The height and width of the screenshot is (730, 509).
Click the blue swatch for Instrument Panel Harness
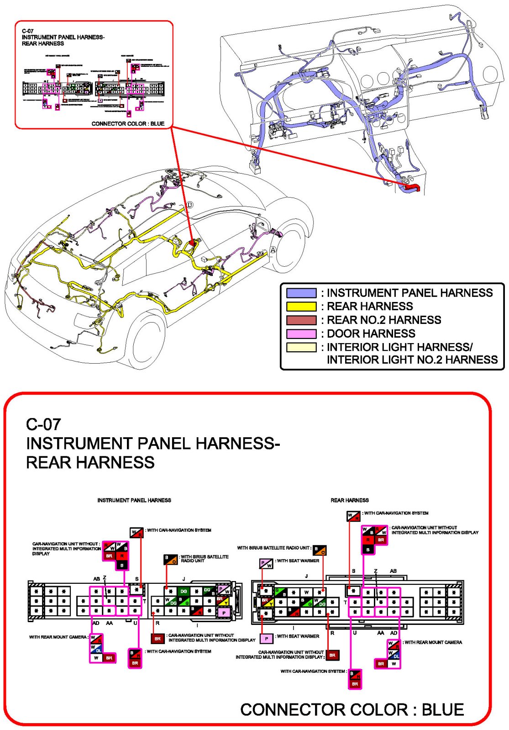pos(301,293)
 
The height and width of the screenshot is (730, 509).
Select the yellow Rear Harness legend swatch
pos(301,307)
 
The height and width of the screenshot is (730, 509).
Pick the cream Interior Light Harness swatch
pos(301,347)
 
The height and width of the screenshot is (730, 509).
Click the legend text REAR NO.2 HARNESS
pos(383,320)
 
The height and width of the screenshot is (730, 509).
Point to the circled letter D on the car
pos(190,205)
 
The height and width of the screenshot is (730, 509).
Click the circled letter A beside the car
pos(273,250)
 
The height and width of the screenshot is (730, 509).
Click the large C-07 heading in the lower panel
pos(43,424)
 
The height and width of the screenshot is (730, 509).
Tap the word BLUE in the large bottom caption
pos(442,709)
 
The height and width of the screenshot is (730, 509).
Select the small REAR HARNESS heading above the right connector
pos(350,500)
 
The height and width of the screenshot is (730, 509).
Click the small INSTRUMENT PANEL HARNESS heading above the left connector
pos(134,500)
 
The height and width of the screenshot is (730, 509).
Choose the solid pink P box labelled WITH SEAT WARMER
pos(267,638)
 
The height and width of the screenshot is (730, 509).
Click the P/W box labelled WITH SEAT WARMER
pos(266,564)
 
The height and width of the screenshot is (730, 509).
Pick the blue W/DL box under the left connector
pos(96,649)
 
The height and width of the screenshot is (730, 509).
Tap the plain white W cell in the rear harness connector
pos(306,592)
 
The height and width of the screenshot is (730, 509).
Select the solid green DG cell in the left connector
pos(184,591)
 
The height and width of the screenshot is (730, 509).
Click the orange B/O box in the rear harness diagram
pos(320,550)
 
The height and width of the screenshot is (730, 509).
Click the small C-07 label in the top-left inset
pos(27,31)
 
